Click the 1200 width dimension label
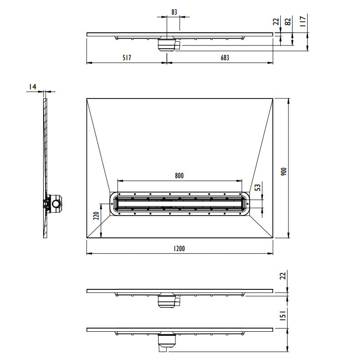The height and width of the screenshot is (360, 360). (x=179, y=248)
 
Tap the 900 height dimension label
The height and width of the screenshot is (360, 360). (x=284, y=172)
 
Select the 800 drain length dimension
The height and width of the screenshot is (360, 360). (x=179, y=175)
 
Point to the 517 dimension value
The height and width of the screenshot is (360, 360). (x=127, y=57)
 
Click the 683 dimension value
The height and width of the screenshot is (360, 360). (x=225, y=57)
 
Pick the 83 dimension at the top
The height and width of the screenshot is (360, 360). (x=174, y=12)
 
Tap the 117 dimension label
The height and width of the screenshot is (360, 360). (x=303, y=21)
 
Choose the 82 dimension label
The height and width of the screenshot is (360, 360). (x=288, y=21)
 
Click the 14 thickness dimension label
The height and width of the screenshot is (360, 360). (x=32, y=87)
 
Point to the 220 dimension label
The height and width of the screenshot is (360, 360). (x=96, y=216)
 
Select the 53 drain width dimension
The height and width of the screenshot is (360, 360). (x=258, y=187)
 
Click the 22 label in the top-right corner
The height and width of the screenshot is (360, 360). (x=276, y=21)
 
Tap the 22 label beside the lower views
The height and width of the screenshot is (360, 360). (x=283, y=276)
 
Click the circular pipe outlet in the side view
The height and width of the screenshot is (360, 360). (x=56, y=203)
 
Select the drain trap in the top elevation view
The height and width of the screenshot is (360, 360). (x=169, y=44)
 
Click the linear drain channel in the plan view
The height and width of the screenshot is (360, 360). (x=179, y=204)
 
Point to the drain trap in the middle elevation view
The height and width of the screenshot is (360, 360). (x=169, y=301)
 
